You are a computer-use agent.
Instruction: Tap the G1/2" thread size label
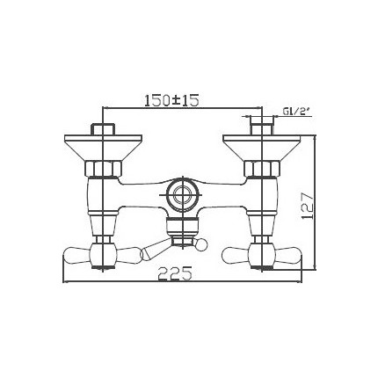[294, 113]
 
